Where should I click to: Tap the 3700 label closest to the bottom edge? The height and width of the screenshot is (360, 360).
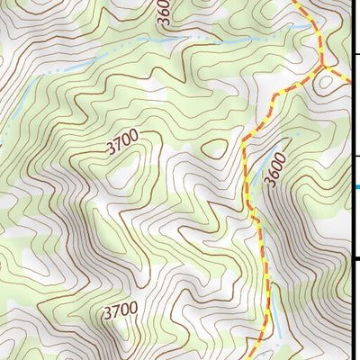click(120, 312)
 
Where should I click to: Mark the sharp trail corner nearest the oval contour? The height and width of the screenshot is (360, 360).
click(243, 139)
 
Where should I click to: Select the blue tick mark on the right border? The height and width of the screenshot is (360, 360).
click(356, 187)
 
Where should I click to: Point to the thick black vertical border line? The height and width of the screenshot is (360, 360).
click(350, 216)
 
